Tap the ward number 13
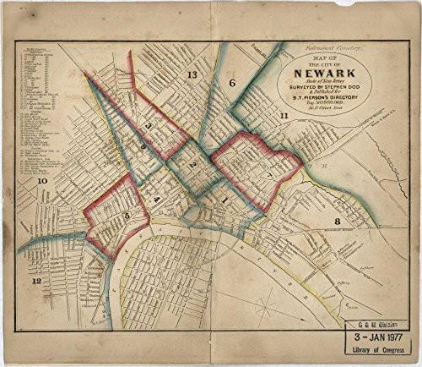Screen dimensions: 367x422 192,76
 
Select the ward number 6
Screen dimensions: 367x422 231,83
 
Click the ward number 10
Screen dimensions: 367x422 41,182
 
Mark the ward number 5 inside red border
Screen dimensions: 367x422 127,216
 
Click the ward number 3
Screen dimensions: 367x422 149,126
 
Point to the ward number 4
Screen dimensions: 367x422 157,199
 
